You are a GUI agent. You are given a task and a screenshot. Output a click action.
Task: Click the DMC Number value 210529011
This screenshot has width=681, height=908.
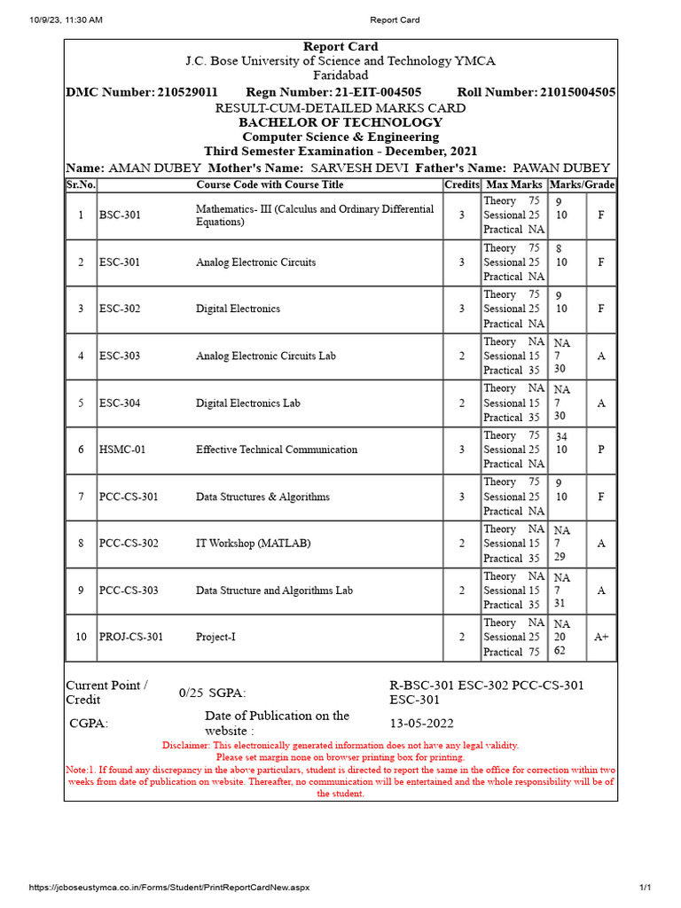tap(187, 92)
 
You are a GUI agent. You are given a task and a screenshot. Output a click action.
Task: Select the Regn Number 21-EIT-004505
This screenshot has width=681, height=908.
tap(378, 92)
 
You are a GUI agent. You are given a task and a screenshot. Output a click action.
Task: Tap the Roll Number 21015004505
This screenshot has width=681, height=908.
tap(577, 92)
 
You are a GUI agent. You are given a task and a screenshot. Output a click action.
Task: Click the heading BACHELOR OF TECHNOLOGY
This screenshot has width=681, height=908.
tap(340, 122)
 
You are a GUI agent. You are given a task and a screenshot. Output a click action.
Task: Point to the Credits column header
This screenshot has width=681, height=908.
tap(461, 184)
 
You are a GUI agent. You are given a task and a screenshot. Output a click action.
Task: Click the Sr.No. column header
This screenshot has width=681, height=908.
tap(81, 184)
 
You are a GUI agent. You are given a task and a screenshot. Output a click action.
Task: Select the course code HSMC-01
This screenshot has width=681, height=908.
tap(122, 450)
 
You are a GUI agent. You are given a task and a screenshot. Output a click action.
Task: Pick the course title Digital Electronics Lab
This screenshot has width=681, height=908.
tap(247, 403)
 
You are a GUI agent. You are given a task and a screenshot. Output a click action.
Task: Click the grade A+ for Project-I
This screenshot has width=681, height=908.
tap(601, 637)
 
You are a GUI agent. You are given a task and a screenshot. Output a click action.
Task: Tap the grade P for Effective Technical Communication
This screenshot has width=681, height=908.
tap(601, 450)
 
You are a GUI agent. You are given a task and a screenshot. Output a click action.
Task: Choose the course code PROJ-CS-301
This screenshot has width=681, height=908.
tap(131, 637)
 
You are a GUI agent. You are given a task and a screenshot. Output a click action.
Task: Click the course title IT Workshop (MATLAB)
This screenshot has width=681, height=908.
tap(253, 543)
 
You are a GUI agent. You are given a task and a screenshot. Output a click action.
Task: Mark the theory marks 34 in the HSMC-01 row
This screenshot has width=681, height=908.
tap(560, 436)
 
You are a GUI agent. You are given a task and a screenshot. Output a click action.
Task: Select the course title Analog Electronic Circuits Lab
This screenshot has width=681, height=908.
tap(266, 356)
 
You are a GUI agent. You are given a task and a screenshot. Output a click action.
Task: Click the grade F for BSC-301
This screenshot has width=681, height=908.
tap(601, 215)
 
